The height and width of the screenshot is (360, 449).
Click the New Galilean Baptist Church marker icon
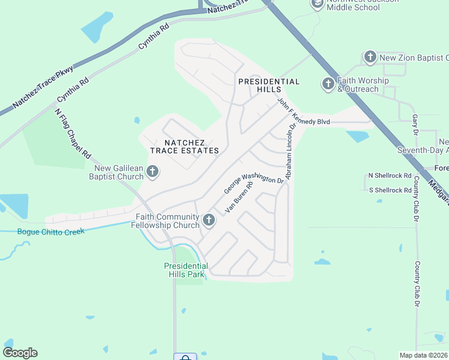(x=152, y=172)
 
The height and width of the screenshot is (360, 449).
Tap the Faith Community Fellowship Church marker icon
(x=209, y=220)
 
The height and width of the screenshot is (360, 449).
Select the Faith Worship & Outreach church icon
(x=328, y=84)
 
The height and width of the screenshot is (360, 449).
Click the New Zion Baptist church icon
(x=370, y=58)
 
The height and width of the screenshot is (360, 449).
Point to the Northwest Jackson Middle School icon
(x=317, y=4)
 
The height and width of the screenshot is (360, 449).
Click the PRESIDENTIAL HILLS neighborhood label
(x=269, y=85)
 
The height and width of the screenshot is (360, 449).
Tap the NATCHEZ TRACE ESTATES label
(x=184, y=146)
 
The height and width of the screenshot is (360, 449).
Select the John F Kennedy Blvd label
(x=304, y=112)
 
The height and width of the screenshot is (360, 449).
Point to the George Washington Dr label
(x=253, y=182)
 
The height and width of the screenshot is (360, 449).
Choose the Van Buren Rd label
(x=240, y=197)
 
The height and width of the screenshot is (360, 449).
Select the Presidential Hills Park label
(x=186, y=270)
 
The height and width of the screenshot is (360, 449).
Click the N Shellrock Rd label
(x=390, y=176)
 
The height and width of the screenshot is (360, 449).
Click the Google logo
(x=20, y=352)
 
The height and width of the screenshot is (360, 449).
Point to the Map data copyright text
(x=424, y=355)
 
